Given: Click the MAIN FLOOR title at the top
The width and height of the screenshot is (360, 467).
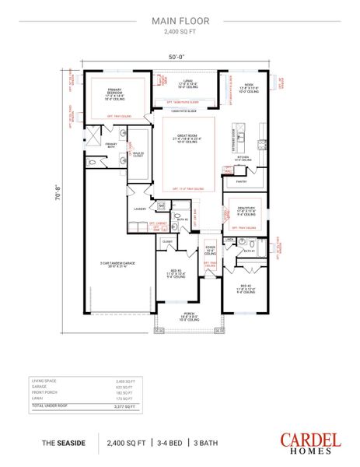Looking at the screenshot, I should (x=180, y=23).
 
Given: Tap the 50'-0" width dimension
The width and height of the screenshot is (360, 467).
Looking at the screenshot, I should (x=179, y=57).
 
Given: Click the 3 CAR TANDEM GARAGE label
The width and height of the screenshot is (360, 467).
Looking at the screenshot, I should (x=117, y=265).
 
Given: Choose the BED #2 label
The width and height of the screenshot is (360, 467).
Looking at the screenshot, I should (x=246, y=288).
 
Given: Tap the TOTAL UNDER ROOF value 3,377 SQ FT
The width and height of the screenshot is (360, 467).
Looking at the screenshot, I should (x=124, y=406).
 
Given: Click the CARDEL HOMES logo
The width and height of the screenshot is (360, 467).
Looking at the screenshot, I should (x=311, y=443).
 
